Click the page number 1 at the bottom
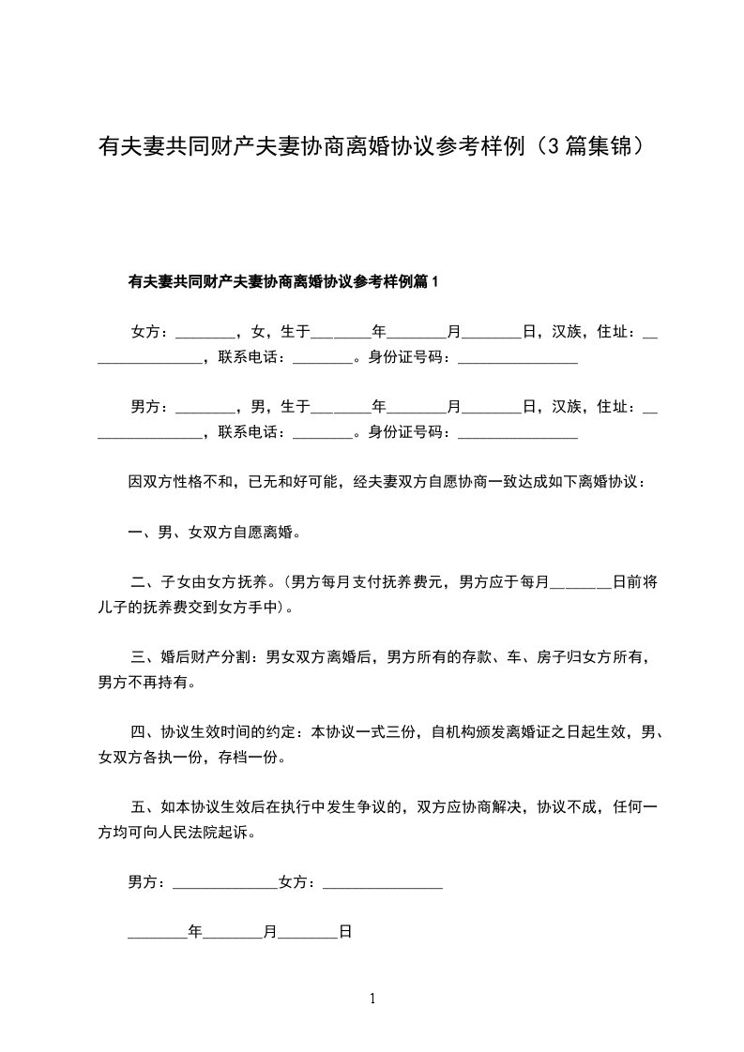tap(372, 999)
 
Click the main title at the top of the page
tap(372, 146)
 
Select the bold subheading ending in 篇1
tap(283, 280)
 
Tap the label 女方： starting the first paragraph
tap(151, 331)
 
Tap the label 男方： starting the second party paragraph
tap(151, 406)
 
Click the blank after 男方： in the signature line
tap(225, 882)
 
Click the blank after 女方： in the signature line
tap(382, 882)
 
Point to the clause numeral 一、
tap(142, 534)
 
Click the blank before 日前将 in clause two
tap(580, 582)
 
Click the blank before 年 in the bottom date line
tap(157, 933)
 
